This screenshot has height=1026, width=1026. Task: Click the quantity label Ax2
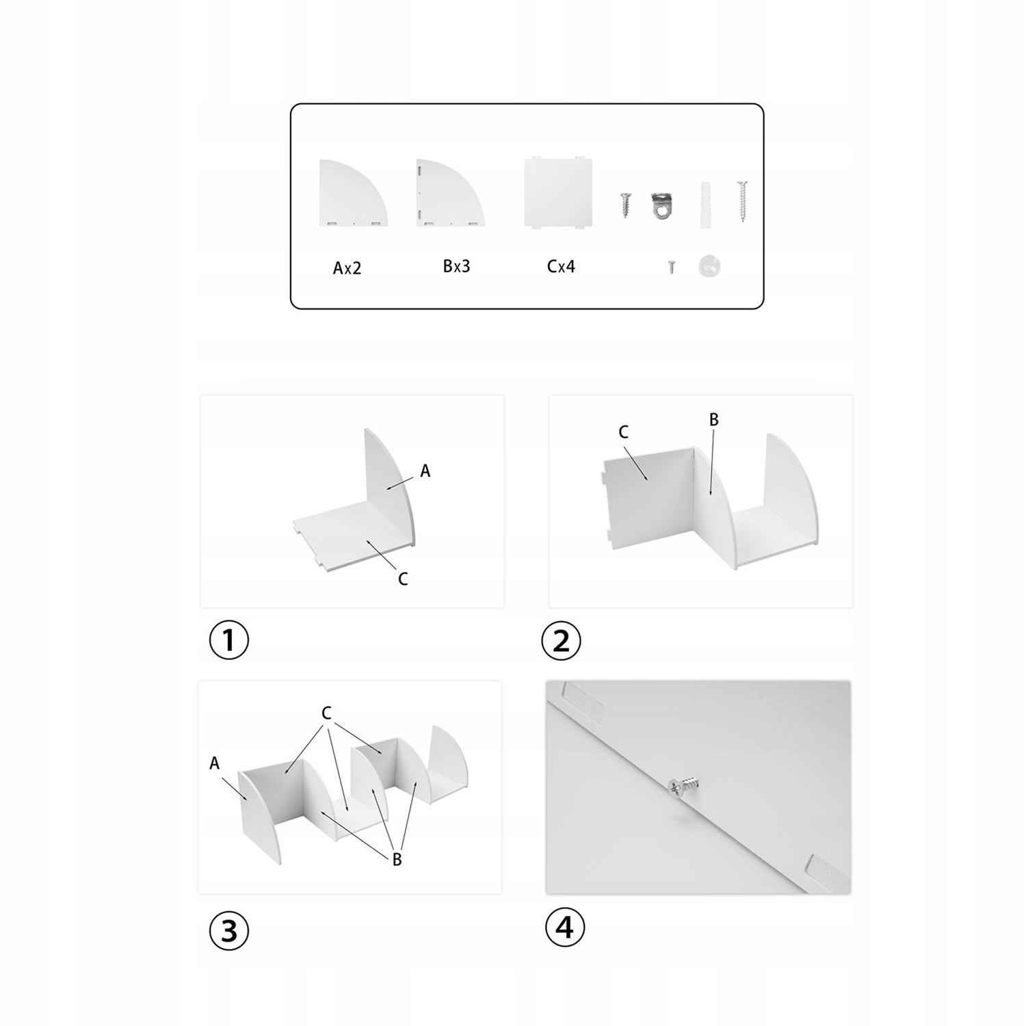pos(347,268)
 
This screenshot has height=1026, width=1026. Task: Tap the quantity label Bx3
pos(456,266)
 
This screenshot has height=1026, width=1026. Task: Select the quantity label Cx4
pos(561,266)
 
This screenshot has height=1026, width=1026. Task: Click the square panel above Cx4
pos(558,192)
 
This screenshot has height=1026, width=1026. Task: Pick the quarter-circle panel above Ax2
pos(350,195)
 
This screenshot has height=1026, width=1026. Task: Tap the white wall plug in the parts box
pos(708,201)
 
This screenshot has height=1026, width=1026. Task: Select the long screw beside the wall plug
pos(742,200)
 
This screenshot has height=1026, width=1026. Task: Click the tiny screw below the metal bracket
pos(672,267)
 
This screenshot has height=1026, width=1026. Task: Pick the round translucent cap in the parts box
pos(710,266)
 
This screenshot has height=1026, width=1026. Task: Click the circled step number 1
pos(228,641)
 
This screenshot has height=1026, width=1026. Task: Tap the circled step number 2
pos(561,641)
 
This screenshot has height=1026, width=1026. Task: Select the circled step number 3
pos(228,931)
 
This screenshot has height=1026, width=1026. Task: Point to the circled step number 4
pos(565,928)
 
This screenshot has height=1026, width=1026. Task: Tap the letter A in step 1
pos(425,471)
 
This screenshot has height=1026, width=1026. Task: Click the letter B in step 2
pos(714,419)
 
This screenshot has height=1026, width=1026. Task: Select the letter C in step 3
pos(326,713)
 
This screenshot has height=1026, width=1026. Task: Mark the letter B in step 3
pos(397,860)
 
